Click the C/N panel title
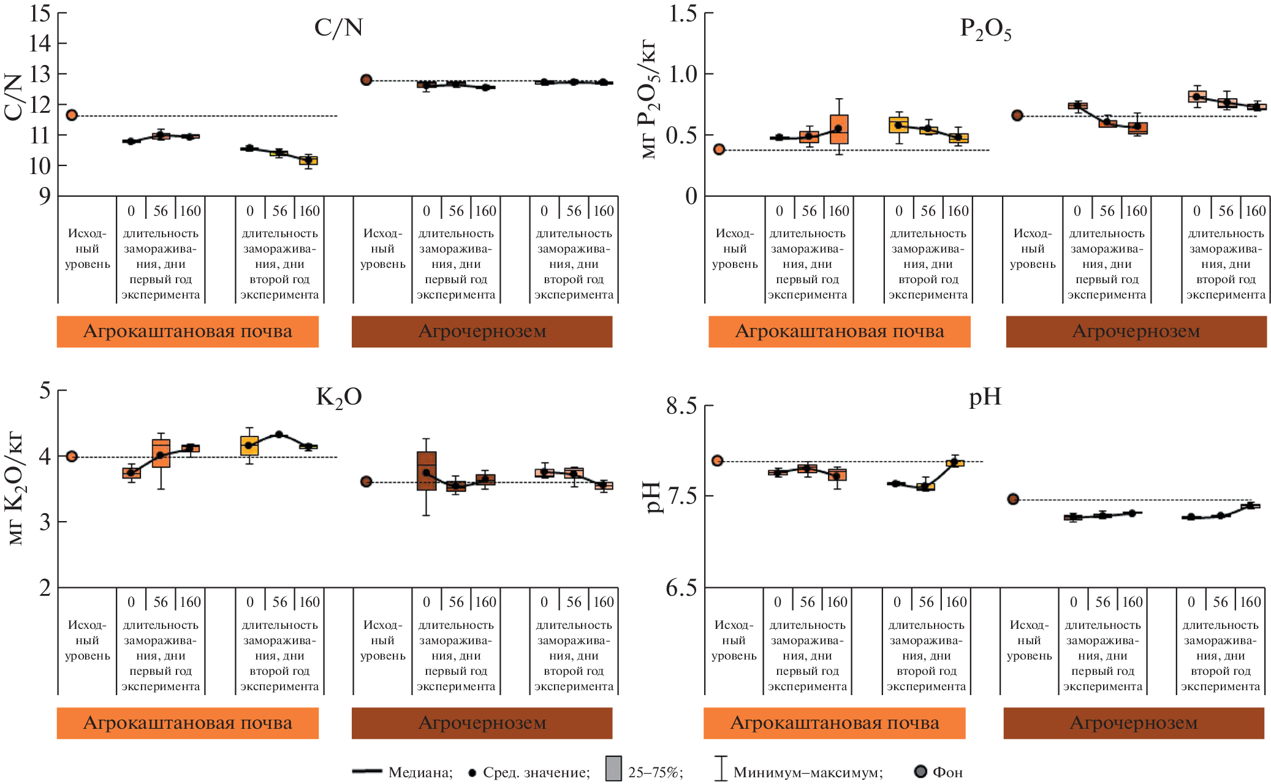tap(338, 28)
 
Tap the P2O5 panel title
tap(985, 29)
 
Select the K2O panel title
tap(339, 397)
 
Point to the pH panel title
tap(985, 397)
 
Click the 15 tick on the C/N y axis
tap(40, 13)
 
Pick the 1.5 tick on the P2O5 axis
tap(683, 13)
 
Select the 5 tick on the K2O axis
tap(45, 390)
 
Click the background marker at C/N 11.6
tap(72, 115)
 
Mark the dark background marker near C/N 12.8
tap(366, 80)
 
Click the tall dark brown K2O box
tap(427, 471)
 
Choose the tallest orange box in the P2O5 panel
tap(839, 129)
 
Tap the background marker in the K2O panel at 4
tap(72, 456)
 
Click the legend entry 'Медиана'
tap(420, 772)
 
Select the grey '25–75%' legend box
tap(613, 769)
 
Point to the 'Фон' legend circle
tap(920, 771)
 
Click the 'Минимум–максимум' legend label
tap(808, 772)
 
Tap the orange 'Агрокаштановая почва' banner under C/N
tap(188, 332)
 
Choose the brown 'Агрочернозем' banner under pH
tap(1133, 723)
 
